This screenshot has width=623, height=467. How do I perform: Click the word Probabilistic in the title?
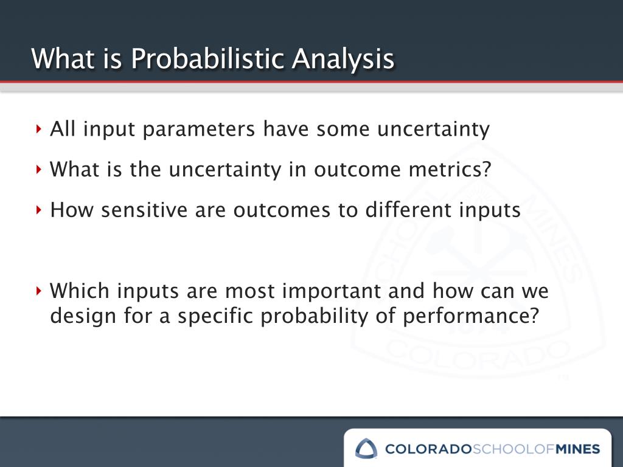pos(207,59)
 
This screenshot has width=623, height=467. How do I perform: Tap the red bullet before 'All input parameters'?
pos(38,129)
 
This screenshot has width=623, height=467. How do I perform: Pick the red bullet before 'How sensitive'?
pos(38,210)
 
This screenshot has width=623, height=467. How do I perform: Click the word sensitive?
pos(144,209)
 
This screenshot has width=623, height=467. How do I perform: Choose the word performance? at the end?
pos(471,317)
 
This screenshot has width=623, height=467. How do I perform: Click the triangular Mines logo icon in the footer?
pos(366,449)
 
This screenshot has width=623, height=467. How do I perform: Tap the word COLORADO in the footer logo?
pos(428,449)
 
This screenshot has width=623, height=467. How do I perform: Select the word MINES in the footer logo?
pos(577,449)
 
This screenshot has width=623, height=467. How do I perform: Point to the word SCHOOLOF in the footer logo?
pos(513,449)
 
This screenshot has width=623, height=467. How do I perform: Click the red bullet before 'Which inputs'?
pos(38,291)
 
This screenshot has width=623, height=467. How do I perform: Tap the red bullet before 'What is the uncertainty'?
pos(38,170)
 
